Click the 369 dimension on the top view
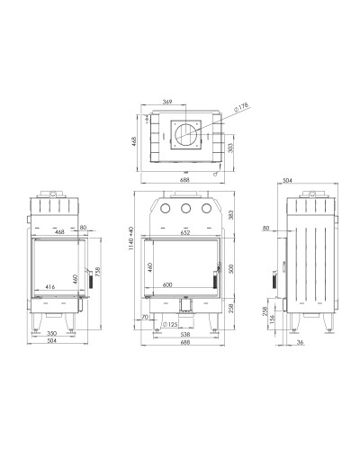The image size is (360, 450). tap(167, 102)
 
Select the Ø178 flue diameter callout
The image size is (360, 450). tap(241, 107)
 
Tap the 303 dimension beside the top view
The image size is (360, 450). tap(230, 148)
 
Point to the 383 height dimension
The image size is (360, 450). tap(230, 214)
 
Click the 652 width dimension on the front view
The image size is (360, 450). tap(185, 232)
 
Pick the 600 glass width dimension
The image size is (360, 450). tap(167, 284)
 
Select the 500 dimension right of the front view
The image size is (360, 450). tap(230, 268)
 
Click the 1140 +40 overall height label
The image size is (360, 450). tap(130, 238)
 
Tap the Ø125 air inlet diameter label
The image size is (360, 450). tap(169, 324)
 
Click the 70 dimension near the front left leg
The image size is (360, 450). tap(145, 317)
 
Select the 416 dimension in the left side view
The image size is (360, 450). tap(50, 287)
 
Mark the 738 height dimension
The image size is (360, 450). tap(98, 272)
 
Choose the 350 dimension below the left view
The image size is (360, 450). tap(52, 333)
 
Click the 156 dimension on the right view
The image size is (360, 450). tap(272, 320)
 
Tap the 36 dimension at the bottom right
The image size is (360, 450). tap(301, 342)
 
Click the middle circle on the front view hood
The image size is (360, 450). tap(185, 208)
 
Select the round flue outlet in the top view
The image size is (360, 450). tap(186, 135)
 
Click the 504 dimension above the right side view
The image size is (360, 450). tap(287, 181)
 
